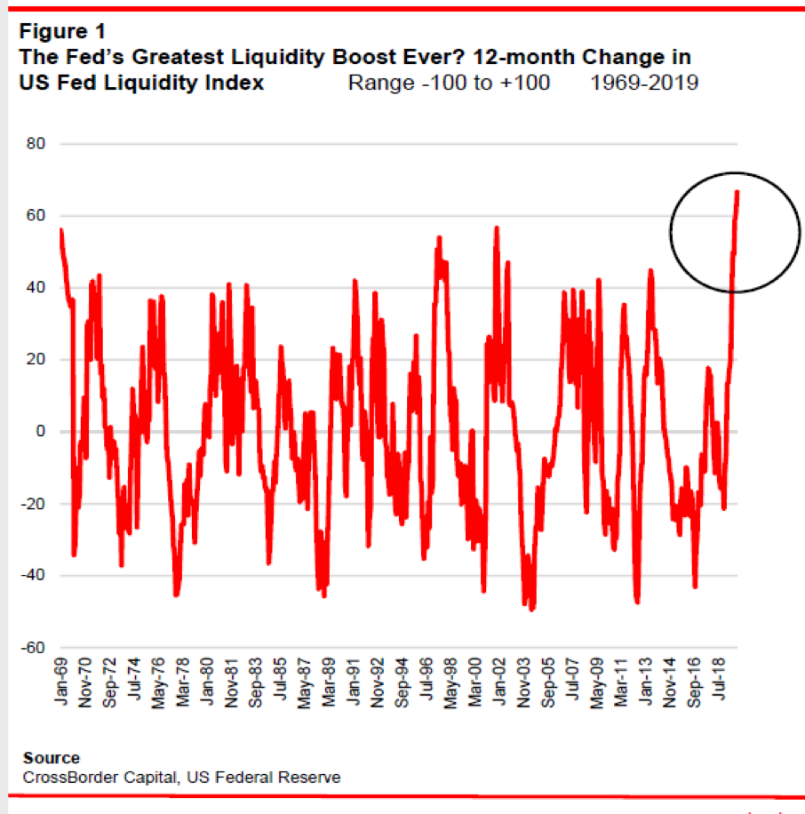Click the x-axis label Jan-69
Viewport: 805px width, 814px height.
(x=62, y=684)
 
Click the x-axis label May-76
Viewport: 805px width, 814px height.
(x=159, y=686)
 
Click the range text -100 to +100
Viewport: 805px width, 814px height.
(x=449, y=83)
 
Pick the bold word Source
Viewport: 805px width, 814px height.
(x=52, y=758)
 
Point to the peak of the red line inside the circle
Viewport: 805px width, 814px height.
(x=737, y=192)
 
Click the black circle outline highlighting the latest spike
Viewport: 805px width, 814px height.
(x=671, y=233)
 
